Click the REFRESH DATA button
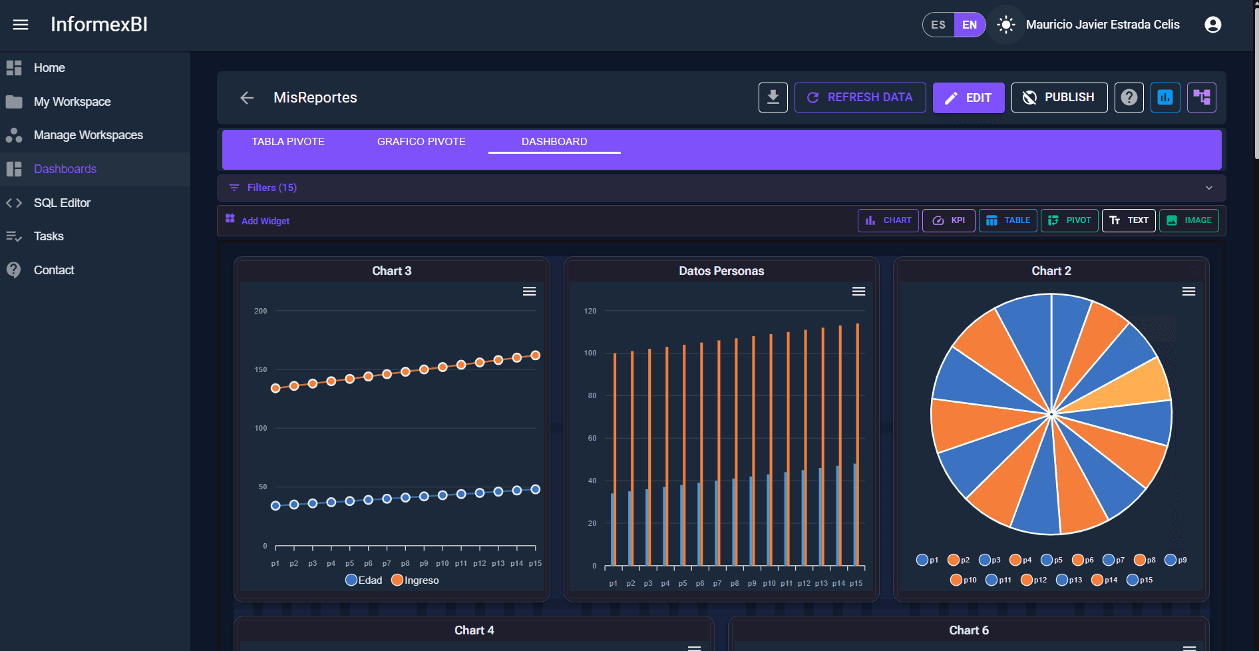[x=860, y=98]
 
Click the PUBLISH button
[x=1059, y=98]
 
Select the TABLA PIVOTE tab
[x=288, y=142]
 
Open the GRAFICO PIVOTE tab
[x=421, y=142]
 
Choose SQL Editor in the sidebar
[x=62, y=203]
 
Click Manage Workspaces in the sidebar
[x=88, y=135]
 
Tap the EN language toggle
[x=970, y=25]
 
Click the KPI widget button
[x=948, y=220]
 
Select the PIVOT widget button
[x=1069, y=220]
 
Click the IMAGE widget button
[x=1188, y=220]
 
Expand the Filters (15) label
[x=271, y=188]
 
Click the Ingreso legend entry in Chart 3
[x=415, y=580]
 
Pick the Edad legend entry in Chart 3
[x=364, y=580]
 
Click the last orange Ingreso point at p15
[x=535, y=355]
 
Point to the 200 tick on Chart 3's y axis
[x=261, y=311]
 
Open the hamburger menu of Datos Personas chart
[x=858, y=292]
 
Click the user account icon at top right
[x=1212, y=25]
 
